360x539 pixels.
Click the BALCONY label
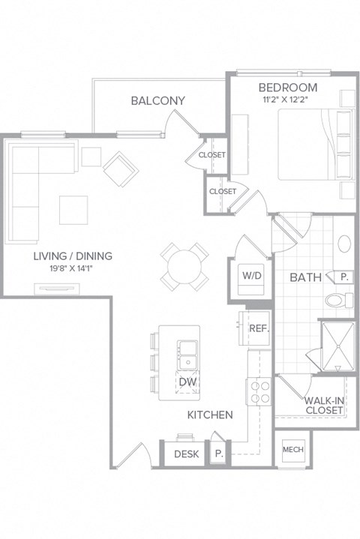click(x=157, y=100)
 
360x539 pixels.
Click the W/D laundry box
click(x=250, y=275)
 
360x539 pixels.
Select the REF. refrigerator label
click(x=259, y=328)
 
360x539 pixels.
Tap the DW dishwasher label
click(x=187, y=382)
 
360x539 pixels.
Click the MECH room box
click(x=292, y=450)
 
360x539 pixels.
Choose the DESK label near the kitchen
click(x=186, y=454)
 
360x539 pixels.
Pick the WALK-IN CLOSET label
click(x=324, y=406)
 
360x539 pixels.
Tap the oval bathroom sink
click(x=344, y=244)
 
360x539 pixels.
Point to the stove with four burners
click(x=259, y=392)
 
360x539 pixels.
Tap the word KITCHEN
click(x=209, y=415)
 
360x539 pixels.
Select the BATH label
click(x=306, y=277)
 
